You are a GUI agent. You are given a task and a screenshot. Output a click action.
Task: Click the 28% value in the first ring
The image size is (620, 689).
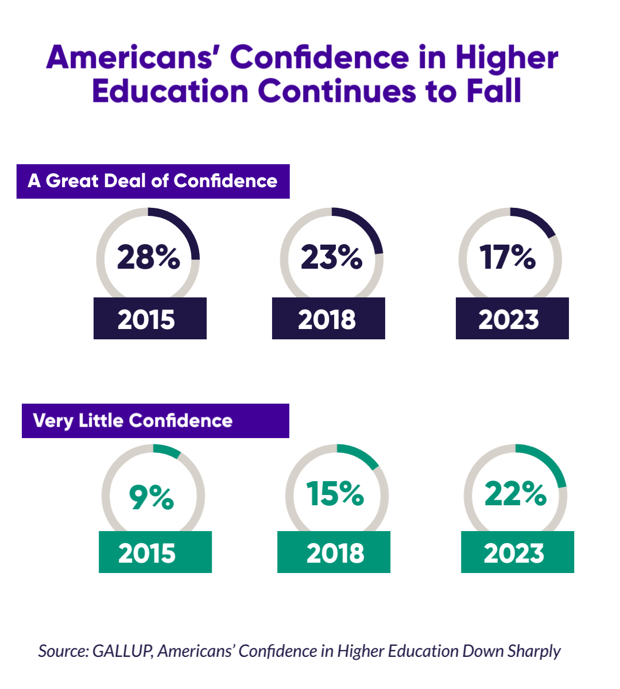[x=148, y=257]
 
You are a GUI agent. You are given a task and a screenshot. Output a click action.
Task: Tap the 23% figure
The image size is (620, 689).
[x=331, y=257]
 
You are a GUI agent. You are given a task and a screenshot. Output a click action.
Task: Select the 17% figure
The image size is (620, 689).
[x=508, y=257]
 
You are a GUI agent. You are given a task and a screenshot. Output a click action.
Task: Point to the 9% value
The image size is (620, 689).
[x=152, y=497]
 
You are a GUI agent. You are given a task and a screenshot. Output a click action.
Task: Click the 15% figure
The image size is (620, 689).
[x=335, y=494]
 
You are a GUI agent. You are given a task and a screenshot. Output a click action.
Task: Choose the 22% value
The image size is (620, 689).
[x=516, y=494]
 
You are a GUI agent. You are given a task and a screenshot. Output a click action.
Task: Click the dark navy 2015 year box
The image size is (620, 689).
[x=150, y=319]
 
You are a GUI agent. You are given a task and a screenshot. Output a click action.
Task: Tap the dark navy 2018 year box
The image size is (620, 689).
[x=328, y=319]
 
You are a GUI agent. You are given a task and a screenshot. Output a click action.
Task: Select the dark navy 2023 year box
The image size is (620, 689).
[x=512, y=319]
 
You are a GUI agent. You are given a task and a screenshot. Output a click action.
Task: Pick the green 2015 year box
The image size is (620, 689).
[x=155, y=552]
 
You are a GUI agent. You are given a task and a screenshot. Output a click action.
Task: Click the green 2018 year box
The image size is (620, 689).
[x=334, y=552]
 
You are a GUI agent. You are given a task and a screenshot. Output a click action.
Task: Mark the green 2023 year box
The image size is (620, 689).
[x=517, y=552]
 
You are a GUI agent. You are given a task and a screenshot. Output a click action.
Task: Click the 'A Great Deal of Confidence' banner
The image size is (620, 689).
[x=153, y=181]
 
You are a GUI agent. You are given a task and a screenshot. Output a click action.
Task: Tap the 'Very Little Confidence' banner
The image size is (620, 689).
[x=155, y=421]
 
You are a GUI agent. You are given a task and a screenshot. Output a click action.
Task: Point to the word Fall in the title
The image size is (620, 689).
[x=493, y=92]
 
